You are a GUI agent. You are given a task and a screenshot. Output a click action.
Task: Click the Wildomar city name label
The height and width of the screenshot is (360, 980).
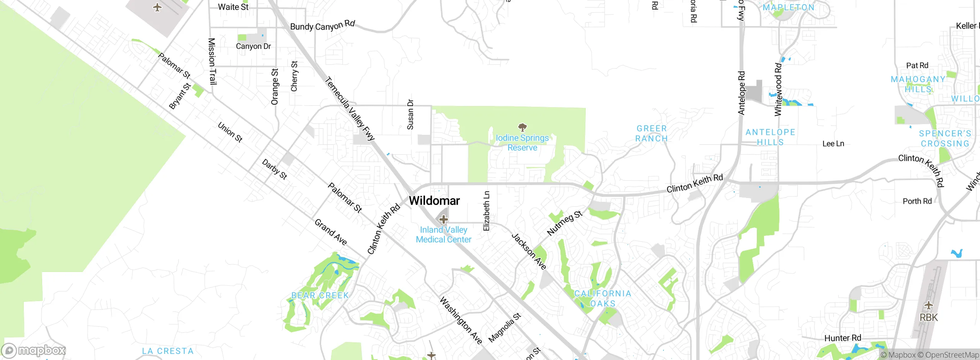point(434,201)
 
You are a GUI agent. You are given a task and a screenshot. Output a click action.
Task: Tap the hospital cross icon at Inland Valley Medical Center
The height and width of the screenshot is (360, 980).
point(443,219)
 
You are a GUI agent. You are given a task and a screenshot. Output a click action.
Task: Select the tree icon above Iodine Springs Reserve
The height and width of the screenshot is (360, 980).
point(522,127)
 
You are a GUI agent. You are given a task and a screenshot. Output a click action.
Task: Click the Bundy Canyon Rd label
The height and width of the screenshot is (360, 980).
point(322,26)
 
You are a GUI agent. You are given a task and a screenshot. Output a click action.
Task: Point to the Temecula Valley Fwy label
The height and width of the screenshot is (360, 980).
point(350,109)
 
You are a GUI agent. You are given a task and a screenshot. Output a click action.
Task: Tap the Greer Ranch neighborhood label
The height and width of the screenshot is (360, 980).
point(652,133)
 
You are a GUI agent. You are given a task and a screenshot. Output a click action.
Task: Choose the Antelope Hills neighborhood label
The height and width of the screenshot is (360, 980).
point(770,137)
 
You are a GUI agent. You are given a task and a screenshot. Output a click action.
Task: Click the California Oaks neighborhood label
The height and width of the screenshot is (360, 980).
point(603,298)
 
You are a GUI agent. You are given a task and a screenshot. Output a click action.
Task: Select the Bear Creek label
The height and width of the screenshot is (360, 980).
point(320,295)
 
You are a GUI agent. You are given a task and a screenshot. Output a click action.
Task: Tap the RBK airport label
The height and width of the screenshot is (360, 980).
point(929,317)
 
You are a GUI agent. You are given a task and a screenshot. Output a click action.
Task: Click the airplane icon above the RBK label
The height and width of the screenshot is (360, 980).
point(928,306)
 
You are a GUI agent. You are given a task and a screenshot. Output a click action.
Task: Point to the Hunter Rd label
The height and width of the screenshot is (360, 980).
point(843,338)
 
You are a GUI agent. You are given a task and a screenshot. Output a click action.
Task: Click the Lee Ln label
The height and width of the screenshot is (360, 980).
point(833,144)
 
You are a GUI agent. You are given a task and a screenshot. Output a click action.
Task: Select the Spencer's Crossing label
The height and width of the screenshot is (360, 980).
point(945,138)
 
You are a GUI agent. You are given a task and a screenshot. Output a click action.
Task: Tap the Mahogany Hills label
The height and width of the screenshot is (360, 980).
point(918,84)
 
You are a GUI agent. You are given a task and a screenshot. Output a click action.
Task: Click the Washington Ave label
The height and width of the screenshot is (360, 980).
point(461,320)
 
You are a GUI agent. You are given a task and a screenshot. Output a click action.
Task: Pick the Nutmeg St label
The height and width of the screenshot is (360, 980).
point(565,223)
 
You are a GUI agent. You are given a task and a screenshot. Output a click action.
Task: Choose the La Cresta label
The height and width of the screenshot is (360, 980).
point(168,351)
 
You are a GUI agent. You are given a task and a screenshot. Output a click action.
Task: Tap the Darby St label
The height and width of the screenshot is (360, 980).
point(274,169)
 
